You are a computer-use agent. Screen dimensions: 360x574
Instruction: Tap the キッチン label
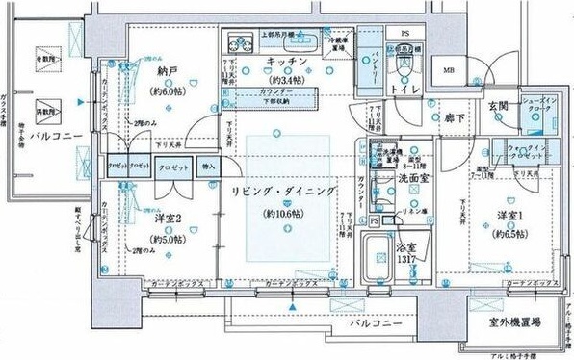[286, 63]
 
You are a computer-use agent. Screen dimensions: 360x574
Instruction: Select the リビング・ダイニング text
[284, 192]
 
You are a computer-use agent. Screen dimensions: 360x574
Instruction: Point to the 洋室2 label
[168, 219]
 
